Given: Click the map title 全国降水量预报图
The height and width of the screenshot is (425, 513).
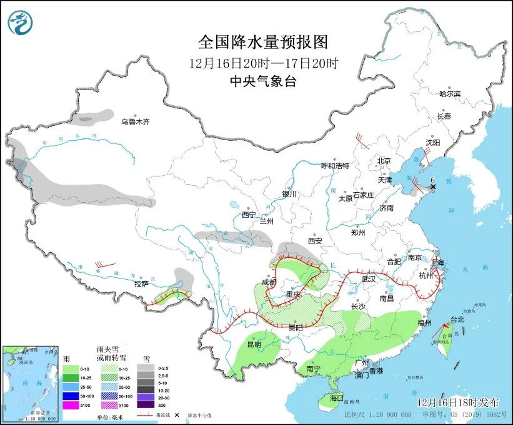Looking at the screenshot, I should (262, 43).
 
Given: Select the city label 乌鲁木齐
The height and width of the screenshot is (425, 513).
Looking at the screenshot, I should (136, 121).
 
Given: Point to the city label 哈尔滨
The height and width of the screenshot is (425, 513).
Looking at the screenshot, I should (449, 94).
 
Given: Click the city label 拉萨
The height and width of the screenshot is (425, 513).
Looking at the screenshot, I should (141, 284).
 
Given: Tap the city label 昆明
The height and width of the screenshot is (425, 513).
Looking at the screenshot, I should (254, 344).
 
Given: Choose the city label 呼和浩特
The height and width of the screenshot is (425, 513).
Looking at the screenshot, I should (335, 166).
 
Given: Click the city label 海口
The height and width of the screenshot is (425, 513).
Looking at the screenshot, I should (337, 398).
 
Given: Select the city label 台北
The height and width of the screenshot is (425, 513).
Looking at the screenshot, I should (457, 319).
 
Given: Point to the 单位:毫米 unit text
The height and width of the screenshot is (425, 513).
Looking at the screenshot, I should (110, 416).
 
